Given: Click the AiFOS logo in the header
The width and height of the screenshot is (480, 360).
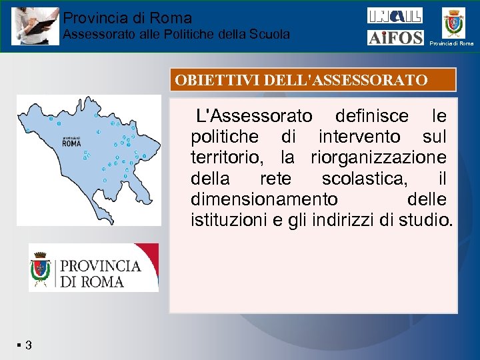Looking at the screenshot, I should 395,37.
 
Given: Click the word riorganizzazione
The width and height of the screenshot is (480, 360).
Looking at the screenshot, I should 379,158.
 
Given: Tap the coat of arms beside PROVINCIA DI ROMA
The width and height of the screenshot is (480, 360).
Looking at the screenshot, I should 41,268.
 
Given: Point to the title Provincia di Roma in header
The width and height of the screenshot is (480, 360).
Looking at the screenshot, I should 127,19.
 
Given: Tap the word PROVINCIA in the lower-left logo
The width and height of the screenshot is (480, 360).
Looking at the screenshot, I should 101,265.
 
